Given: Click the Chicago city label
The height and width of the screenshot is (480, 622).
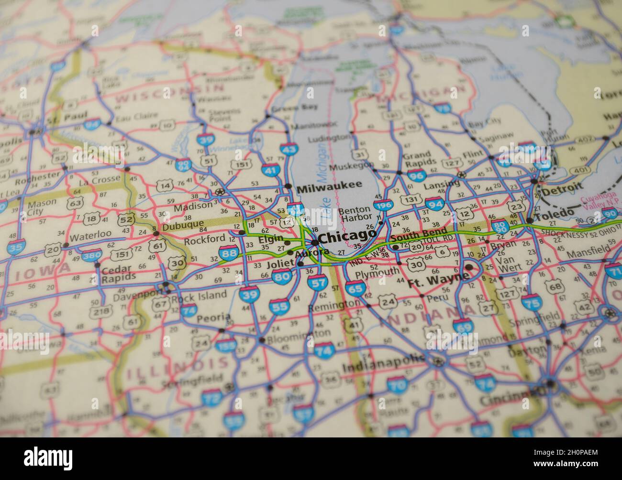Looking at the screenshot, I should click(x=348, y=236).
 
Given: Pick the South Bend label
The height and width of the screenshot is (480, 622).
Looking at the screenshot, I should click(x=418, y=235).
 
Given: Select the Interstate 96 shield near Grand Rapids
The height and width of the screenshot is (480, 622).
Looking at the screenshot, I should click(x=416, y=175).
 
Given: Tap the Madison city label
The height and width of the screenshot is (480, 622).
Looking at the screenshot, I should click(x=193, y=207).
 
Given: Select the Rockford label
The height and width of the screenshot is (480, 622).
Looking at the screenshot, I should click(x=204, y=238).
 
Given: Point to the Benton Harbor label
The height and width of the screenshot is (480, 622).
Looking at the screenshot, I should click(x=355, y=213).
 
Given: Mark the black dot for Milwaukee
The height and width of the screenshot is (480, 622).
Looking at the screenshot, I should click(x=288, y=186).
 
